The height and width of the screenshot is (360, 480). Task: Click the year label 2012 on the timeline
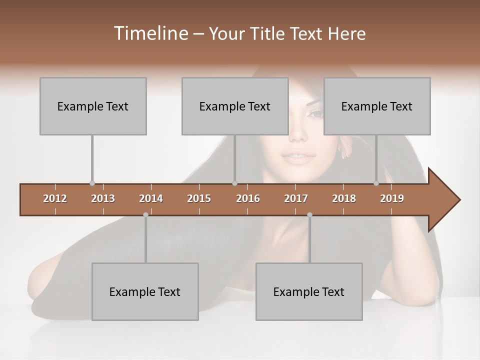point(55,198)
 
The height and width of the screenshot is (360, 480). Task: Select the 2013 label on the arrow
point(103,198)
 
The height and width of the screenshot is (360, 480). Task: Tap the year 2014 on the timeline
point(151,198)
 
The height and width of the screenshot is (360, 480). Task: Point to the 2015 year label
point(199,198)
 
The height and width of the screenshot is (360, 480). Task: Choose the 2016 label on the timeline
point(248,198)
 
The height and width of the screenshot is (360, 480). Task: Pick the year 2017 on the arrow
point(296,198)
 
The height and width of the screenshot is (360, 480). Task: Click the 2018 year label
point(344,198)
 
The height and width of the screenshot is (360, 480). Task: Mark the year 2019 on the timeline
point(392,198)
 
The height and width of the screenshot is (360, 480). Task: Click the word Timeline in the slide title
point(149,33)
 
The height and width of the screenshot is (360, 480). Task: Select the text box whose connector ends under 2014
point(145,291)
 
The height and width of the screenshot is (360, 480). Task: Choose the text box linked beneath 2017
point(309,291)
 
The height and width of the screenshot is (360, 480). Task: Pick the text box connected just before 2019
point(377,106)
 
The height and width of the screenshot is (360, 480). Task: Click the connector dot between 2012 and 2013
point(92,183)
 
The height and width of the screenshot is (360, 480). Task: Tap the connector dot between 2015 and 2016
point(234,183)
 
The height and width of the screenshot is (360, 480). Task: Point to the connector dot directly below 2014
point(145,214)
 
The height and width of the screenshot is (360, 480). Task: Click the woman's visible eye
point(316,113)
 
